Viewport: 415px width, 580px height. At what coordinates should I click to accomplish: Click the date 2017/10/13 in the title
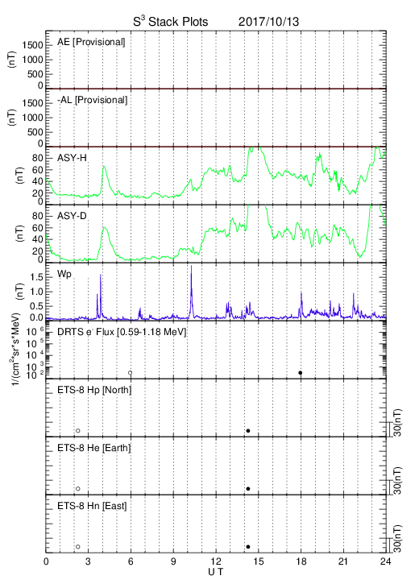point(268,22)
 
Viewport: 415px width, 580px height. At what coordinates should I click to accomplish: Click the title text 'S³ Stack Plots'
point(171,22)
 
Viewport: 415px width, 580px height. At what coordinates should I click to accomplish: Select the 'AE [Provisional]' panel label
point(91,42)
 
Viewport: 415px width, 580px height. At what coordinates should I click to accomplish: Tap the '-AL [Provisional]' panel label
point(92,100)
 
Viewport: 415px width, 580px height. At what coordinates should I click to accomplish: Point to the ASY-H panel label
point(72,158)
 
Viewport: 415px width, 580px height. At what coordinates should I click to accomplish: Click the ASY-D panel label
point(72,216)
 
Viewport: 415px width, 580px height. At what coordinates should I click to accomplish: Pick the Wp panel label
point(64,275)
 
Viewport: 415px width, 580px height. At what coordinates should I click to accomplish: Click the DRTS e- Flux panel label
point(122,332)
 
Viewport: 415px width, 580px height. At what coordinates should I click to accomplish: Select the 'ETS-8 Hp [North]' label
point(94,390)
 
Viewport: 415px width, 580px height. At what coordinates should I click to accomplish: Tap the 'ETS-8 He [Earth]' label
point(94,448)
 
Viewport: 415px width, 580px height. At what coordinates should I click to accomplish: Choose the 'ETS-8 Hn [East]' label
point(92,506)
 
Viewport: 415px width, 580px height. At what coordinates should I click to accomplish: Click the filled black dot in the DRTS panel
point(301,373)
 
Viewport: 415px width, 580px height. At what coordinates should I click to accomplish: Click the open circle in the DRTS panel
point(131,373)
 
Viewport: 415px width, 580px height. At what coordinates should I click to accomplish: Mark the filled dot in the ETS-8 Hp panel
point(248,430)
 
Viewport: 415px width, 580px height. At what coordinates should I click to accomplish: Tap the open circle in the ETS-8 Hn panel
point(78,547)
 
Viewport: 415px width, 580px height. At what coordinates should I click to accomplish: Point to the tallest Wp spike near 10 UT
point(191,266)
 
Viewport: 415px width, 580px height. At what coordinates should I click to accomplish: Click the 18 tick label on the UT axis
point(301,561)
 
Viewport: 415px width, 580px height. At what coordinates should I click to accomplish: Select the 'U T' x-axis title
point(216,572)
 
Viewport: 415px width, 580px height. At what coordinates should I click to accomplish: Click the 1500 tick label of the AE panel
point(32,45)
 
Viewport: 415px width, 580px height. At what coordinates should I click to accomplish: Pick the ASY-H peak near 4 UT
point(104,166)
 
